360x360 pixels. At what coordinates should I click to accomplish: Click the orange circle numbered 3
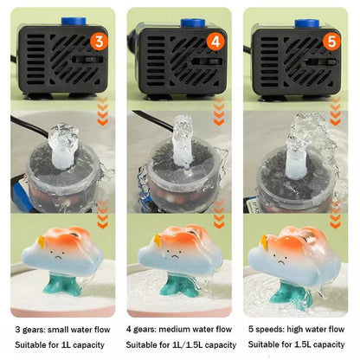tap(99, 42)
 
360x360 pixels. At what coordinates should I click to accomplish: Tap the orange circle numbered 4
tap(215, 42)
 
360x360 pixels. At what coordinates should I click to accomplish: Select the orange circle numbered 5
tap(331, 42)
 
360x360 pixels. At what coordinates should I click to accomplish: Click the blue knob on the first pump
tap(74, 22)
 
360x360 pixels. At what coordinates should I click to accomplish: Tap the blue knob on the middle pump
tap(193, 23)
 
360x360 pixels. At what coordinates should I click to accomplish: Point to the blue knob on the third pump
tap(307, 23)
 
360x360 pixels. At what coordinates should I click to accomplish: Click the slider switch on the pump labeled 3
tap(87, 60)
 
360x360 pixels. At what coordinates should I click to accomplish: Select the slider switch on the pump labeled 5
tap(321, 62)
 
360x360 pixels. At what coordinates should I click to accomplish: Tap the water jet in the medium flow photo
tap(183, 141)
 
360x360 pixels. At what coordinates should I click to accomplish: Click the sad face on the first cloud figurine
tap(59, 254)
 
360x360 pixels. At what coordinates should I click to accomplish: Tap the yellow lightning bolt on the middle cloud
tap(157, 241)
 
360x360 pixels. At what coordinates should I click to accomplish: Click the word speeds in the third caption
tap(267, 330)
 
